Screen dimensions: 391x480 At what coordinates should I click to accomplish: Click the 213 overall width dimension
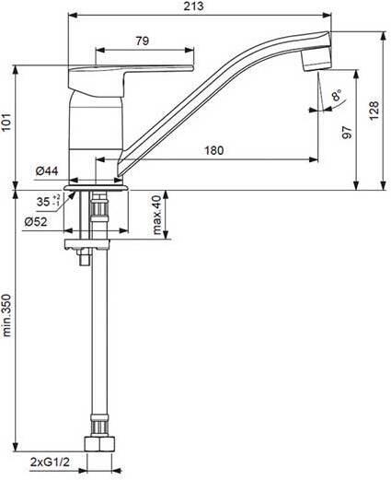click(193, 6)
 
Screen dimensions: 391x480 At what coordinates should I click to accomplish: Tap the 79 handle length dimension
click(143, 41)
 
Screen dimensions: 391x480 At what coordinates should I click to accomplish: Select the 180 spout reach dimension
click(214, 150)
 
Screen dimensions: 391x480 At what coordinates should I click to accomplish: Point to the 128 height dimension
click(374, 111)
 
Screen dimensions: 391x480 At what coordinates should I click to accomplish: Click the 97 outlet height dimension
click(347, 132)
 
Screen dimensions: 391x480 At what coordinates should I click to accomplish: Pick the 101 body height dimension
click(6, 122)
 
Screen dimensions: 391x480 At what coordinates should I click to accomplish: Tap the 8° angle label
click(337, 95)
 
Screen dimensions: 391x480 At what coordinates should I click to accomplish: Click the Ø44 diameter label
click(47, 171)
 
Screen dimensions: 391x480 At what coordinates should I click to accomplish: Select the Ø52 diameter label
click(36, 221)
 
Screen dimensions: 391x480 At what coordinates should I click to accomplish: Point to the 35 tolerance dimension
click(48, 201)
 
